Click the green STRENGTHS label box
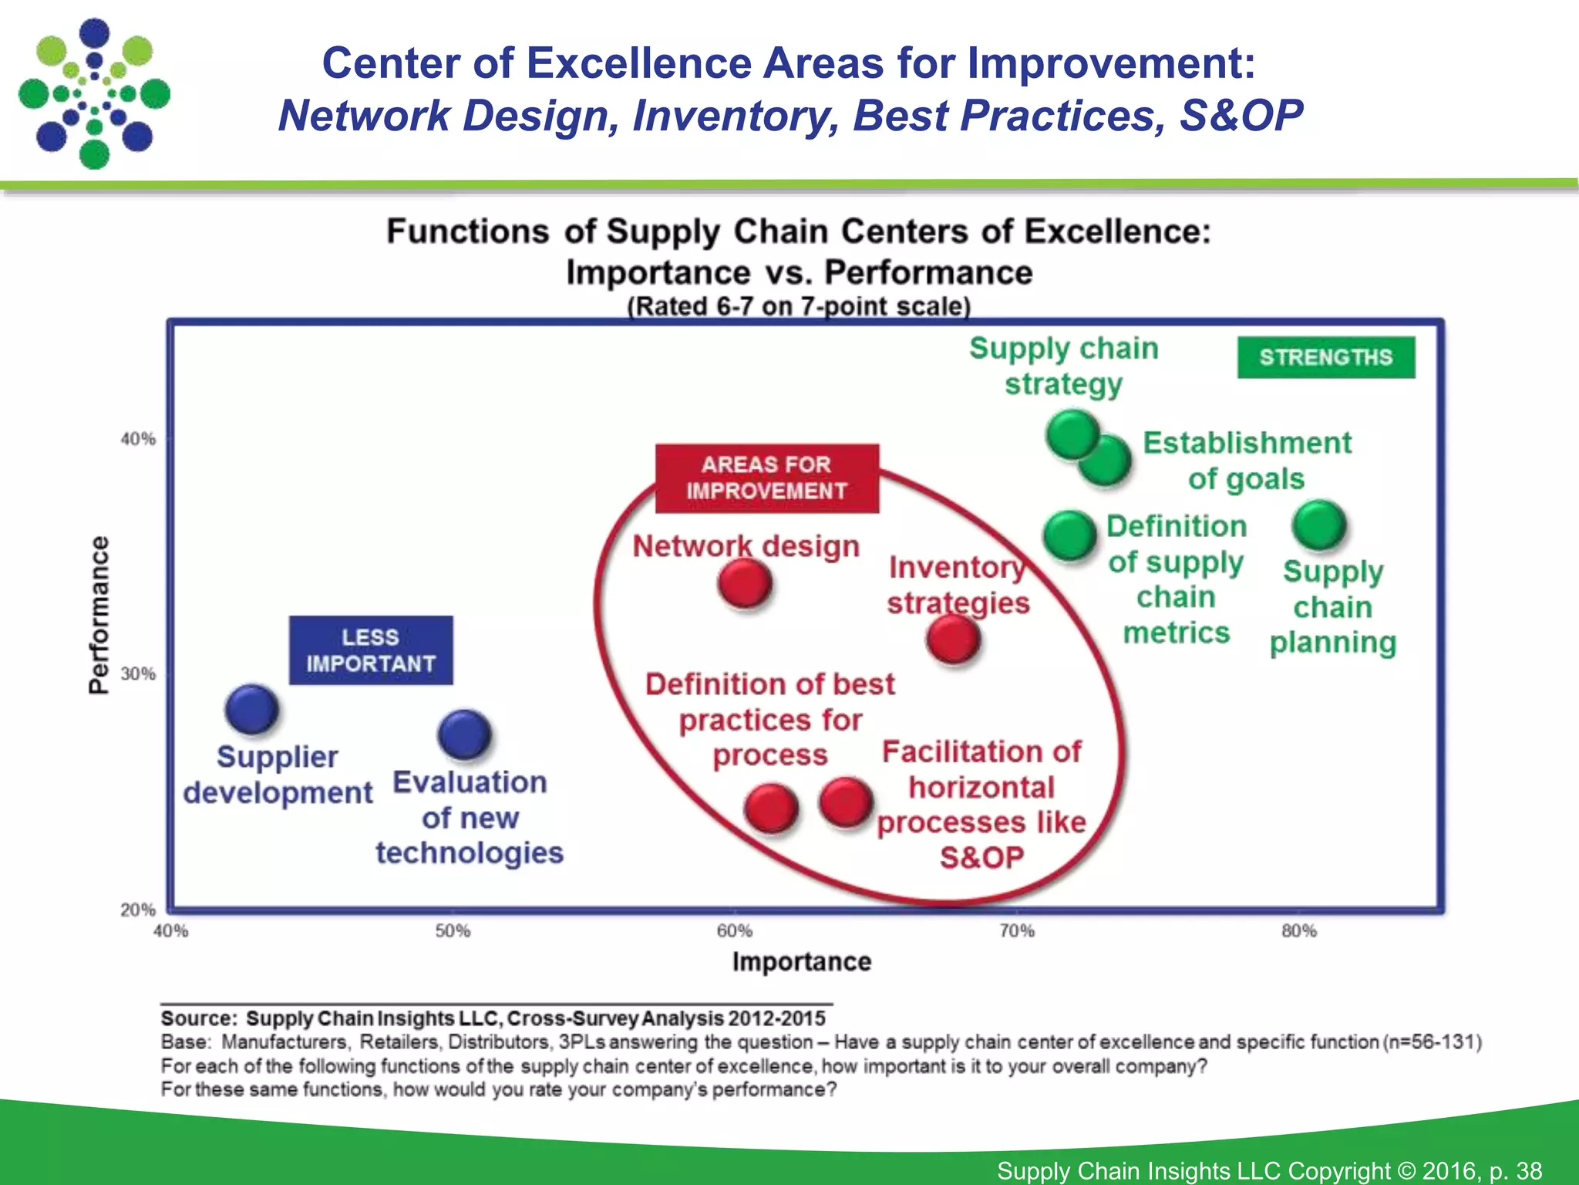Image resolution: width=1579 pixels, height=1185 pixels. point(1326,357)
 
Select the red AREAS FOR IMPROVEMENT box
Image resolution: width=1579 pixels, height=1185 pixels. point(766,478)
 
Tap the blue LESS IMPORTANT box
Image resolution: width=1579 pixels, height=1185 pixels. point(371,650)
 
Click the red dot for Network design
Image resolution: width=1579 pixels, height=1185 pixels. point(745,583)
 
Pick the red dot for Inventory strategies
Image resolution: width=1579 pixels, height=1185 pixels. point(954,640)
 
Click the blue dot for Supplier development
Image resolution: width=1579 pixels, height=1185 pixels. point(251,709)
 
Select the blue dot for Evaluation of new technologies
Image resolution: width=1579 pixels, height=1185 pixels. point(464,734)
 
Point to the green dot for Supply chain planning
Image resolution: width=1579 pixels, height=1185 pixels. point(1319,525)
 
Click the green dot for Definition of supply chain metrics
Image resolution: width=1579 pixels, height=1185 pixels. point(1069,535)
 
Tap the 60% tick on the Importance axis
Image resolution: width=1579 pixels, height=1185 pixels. point(735,930)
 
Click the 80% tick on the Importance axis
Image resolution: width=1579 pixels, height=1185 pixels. point(1299,930)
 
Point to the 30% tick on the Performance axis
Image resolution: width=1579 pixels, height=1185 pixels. point(138,674)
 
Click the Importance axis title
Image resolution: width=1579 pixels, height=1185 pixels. point(802,962)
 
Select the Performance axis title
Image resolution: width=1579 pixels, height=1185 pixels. point(99,615)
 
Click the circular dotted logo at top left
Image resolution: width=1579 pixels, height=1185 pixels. point(94,93)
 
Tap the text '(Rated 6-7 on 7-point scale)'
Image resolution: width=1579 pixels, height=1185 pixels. point(799,306)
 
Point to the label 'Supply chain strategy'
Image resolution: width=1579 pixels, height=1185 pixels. point(1064,366)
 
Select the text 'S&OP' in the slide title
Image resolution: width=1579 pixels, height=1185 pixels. point(1241,116)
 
